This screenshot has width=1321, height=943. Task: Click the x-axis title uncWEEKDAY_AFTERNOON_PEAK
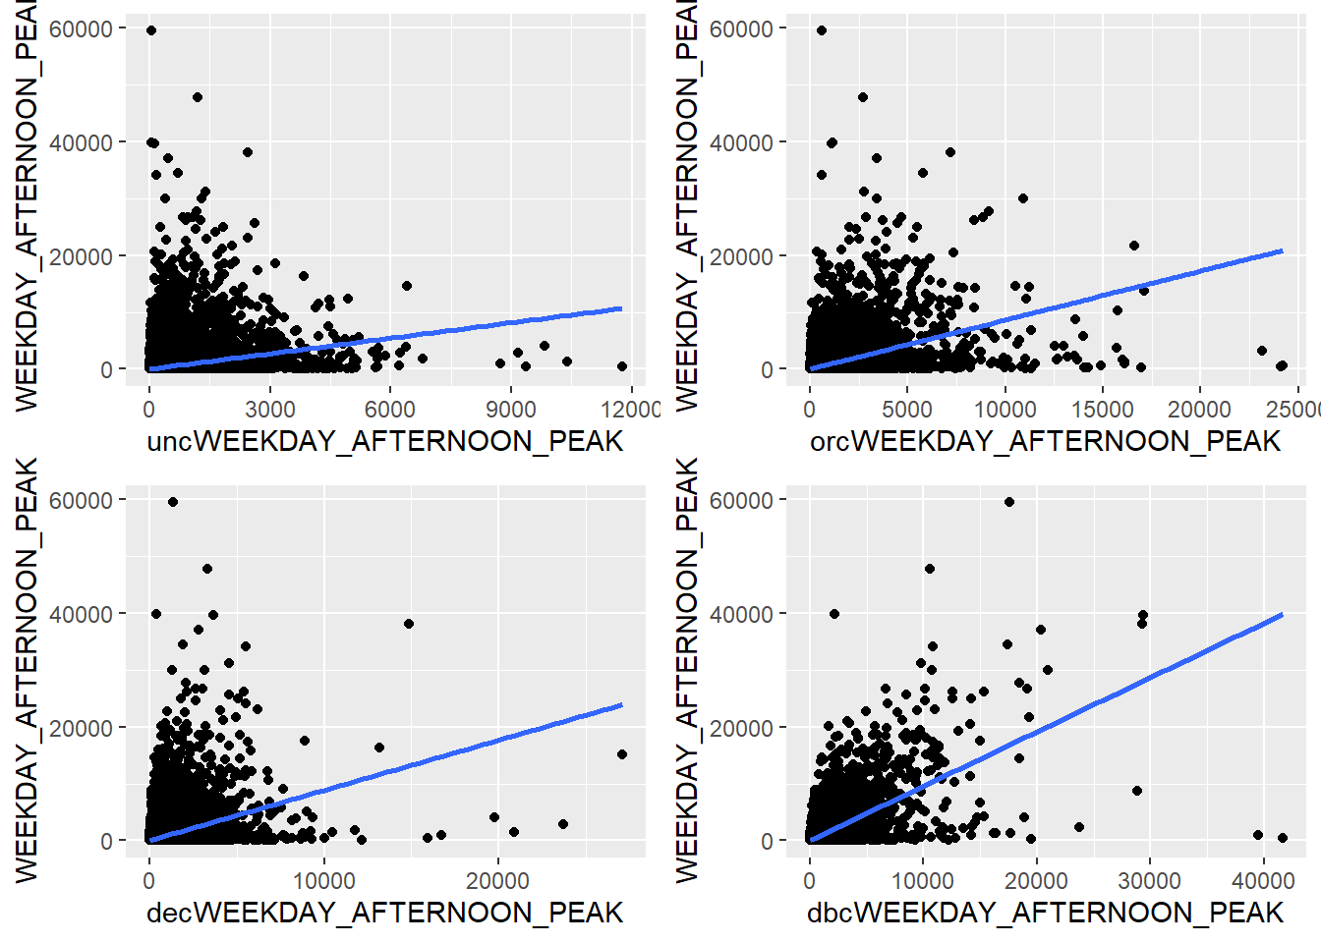point(384,442)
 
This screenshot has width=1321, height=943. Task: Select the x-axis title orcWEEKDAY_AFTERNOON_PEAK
point(1045,442)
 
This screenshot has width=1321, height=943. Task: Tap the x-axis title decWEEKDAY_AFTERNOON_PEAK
point(384,914)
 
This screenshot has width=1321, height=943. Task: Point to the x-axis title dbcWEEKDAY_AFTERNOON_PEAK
point(1045,914)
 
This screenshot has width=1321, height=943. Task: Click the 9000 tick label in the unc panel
point(510,409)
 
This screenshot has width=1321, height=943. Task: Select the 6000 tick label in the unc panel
point(389,409)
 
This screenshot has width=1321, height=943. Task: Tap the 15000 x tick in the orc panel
point(1102,409)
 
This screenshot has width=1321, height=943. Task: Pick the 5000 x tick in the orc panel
point(906,409)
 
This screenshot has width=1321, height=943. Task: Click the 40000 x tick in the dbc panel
point(1263,880)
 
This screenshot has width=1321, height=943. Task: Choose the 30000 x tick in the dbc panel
point(1150,880)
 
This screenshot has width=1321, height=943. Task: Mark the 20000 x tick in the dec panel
point(497,880)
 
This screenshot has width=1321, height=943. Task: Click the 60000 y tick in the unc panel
point(82,29)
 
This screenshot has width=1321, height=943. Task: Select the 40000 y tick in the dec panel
point(82,614)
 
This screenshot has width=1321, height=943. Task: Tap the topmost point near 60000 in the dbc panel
point(1008,502)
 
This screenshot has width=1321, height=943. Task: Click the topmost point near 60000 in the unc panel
point(151,30)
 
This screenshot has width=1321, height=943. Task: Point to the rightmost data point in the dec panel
point(622,754)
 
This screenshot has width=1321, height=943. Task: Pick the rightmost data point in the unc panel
point(622,366)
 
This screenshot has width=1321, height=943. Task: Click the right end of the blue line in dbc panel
point(1283,615)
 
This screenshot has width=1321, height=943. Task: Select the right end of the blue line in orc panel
point(1283,250)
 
